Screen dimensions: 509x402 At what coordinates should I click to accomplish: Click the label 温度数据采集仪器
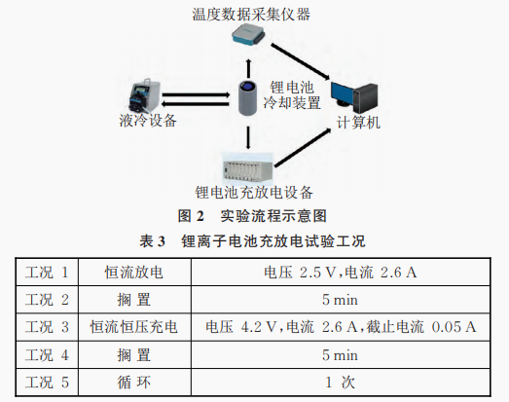point(251,15)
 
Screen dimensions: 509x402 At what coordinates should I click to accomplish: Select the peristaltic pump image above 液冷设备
point(144,95)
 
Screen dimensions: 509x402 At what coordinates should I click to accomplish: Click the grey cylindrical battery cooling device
point(247,97)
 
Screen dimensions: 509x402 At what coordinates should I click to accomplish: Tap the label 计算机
point(358,123)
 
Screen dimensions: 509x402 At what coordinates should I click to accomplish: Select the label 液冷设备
point(148,121)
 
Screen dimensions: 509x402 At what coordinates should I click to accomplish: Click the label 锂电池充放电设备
point(254,193)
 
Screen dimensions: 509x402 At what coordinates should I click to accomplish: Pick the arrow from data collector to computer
point(301,61)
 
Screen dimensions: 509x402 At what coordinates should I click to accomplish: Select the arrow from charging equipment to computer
point(303,148)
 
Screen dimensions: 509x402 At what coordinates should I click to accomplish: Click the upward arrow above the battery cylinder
point(248,67)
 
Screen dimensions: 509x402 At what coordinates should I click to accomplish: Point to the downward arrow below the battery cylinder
point(248,137)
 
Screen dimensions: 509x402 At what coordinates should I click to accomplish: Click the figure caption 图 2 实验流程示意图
point(252,216)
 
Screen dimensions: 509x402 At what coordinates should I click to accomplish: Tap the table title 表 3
point(152,241)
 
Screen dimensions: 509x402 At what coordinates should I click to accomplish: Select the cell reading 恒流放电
point(133,273)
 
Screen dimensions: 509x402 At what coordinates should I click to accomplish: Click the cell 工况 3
point(47,327)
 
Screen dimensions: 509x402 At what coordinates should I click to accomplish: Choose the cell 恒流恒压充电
point(133,327)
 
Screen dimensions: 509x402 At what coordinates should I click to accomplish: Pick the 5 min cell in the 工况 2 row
point(340,300)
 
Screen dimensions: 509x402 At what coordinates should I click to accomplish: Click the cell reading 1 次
point(340,383)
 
